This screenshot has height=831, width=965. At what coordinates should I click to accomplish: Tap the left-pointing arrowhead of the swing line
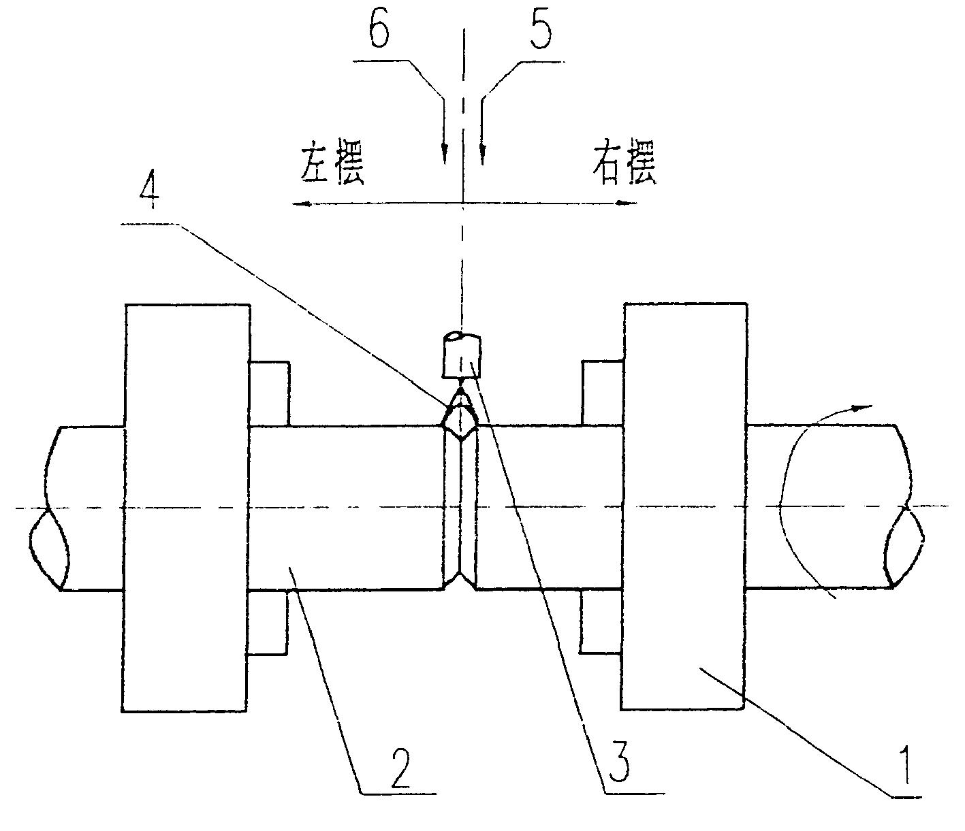(298, 203)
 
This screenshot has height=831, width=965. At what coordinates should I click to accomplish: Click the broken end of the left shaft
(48, 507)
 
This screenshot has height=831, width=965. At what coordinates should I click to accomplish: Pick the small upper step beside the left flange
(270, 394)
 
